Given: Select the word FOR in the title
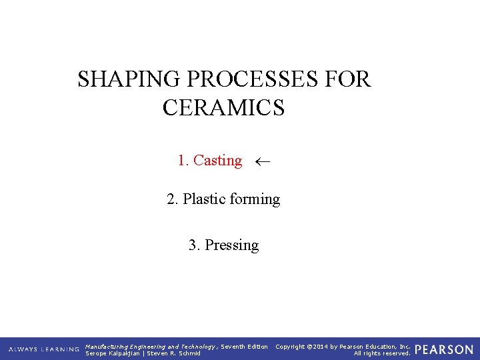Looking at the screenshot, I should [349, 79].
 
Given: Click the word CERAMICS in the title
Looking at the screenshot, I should [223, 107].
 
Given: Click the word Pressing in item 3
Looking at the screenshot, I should [231, 245].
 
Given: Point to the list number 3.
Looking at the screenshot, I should [193, 245].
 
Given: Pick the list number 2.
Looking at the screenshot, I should [171, 199].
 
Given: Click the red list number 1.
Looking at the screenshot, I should [182, 161].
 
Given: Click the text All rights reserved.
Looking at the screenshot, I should [382, 353].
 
